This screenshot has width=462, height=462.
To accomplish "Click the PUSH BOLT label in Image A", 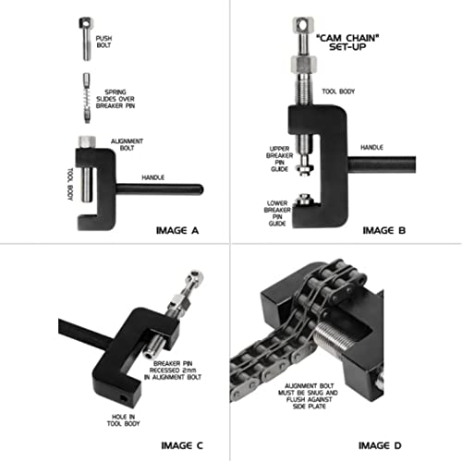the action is [103, 42].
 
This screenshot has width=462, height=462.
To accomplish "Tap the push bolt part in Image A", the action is [86, 39].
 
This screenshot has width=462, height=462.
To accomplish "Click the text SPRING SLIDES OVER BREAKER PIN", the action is [115, 99].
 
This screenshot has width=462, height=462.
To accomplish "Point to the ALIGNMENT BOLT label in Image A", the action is [127, 144].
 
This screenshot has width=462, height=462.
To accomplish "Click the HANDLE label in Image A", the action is [152, 177].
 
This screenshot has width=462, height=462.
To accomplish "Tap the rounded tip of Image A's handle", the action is [201, 189].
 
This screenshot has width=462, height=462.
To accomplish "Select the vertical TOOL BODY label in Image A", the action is [70, 184].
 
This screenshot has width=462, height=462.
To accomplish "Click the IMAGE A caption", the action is [177, 230].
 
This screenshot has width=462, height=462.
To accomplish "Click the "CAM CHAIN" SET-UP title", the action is [347, 43].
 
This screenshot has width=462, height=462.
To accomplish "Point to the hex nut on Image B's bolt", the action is [304, 64].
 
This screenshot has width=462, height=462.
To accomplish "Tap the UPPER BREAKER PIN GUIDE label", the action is [280, 159].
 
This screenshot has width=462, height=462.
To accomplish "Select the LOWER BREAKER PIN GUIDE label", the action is [277, 213].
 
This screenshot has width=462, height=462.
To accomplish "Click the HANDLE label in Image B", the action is [371, 147].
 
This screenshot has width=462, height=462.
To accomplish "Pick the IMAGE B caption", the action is [384, 230].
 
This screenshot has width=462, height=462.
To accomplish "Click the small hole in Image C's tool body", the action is [124, 398].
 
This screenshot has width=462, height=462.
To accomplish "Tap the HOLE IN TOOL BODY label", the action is [123, 420].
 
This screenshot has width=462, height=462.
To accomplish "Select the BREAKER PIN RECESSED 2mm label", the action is [173, 371].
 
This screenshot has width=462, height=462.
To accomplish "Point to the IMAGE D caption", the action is [380, 445].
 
